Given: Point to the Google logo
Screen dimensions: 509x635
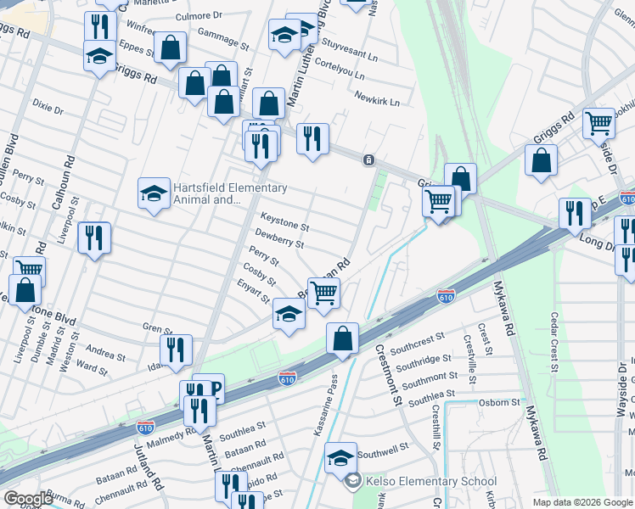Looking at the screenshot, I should (x=28, y=499).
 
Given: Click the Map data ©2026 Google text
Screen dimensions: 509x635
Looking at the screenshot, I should (x=582, y=502).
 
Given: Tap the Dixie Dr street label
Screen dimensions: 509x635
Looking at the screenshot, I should (x=48, y=109).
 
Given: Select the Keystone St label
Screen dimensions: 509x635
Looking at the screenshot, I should (x=284, y=227).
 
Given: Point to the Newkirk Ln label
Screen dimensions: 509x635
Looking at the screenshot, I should (x=377, y=101).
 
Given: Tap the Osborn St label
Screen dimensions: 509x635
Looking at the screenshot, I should (x=499, y=402).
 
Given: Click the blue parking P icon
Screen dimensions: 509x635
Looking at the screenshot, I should (x=214, y=390).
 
